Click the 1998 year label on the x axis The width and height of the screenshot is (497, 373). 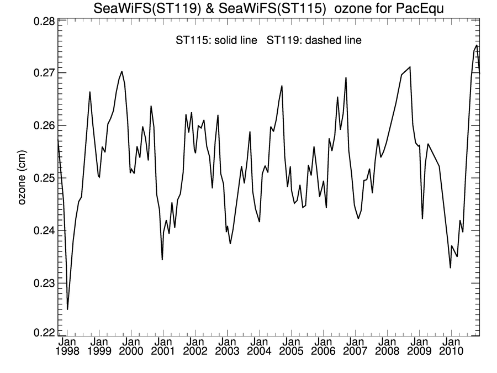click(67, 351)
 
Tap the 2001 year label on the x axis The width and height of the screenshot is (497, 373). click(163, 351)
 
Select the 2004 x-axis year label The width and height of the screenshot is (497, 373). click(259, 351)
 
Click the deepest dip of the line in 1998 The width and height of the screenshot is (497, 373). click(67, 309)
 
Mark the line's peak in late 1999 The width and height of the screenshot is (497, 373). click(121, 71)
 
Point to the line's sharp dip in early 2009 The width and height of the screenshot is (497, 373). click(422, 219)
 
